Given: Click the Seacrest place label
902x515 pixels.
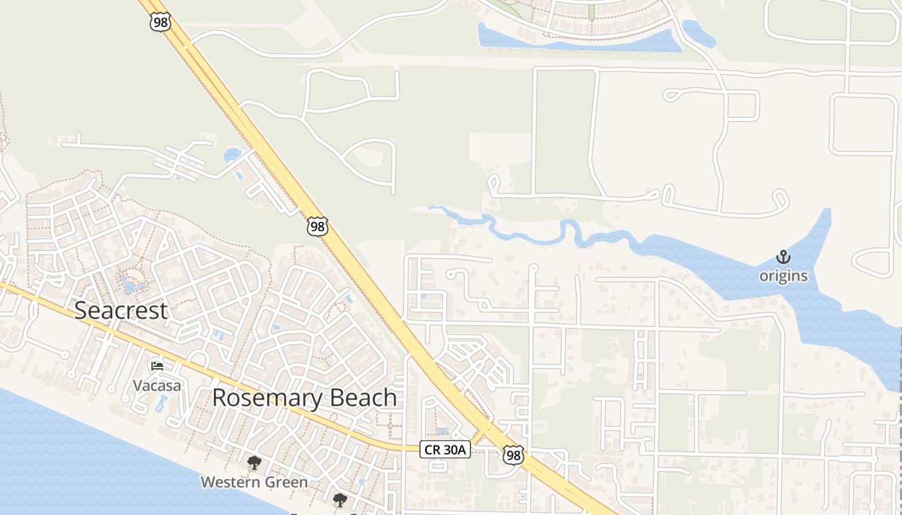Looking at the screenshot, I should [120, 310].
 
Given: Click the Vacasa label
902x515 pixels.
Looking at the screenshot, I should [157, 385].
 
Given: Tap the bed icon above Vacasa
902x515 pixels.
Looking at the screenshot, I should [157, 366].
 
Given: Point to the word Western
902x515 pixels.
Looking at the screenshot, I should [229, 482].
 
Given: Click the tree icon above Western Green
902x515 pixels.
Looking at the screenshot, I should [254, 462].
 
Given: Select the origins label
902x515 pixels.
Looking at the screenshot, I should [783, 276].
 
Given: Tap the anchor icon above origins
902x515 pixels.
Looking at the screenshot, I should [783, 257].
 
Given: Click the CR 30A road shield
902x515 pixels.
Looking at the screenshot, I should [445, 449].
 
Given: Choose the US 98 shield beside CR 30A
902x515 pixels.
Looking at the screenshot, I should [513, 455].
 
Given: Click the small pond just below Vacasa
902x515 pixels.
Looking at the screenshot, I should [160, 405].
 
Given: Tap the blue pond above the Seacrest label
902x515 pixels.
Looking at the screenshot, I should [129, 284].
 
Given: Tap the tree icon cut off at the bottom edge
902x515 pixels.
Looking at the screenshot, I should [340, 500].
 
